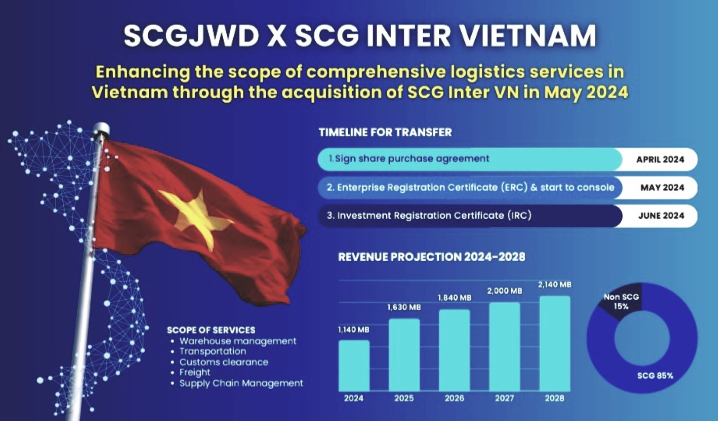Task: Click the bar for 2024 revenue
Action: pyautogui.click(x=354, y=365)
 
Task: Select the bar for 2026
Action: pyautogui.click(x=454, y=350)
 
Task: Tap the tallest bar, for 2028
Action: pyautogui.click(x=555, y=343)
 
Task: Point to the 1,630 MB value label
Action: pyautogui.click(x=404, y=308)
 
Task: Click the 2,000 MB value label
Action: pyautogui.click(x=505, y=291)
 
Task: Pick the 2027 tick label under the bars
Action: pyautogui.click(x=505, y=398)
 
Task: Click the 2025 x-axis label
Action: pyautogui.click(x=404, y=398)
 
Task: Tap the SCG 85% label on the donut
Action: pyautogui.click(x=655, y=376)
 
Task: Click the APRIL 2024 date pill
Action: pyautogui.click(x=659, y=159)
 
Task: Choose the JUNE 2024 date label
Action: pyautogui.click(x=661, y=215)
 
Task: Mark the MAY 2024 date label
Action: pyautogui.click(x=662, y=187)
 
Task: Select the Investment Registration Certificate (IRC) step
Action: pyautogui.click(x=429, y=215)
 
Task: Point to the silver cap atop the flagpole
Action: pyautogui.click(x=101, y=129)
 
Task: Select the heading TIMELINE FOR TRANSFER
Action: pyautogui.click(x=385, y=132)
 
